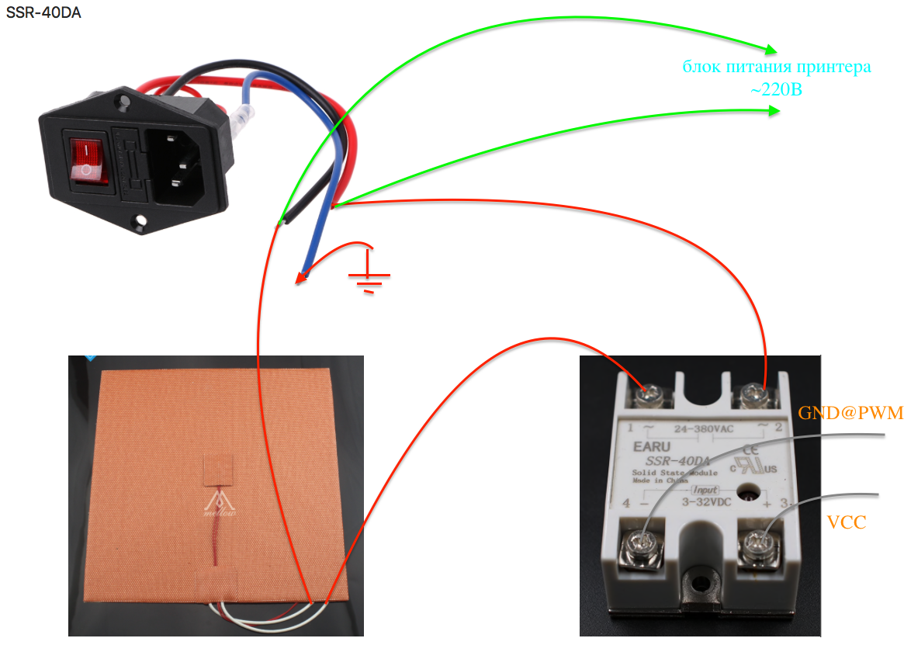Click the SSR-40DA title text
(43, 13)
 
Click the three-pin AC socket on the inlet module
(182, 165)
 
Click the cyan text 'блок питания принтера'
(776, 67)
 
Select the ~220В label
(776, 90)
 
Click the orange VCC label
(846, 522)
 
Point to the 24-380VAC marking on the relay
(703, 427)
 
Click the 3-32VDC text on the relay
(706, 502)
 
